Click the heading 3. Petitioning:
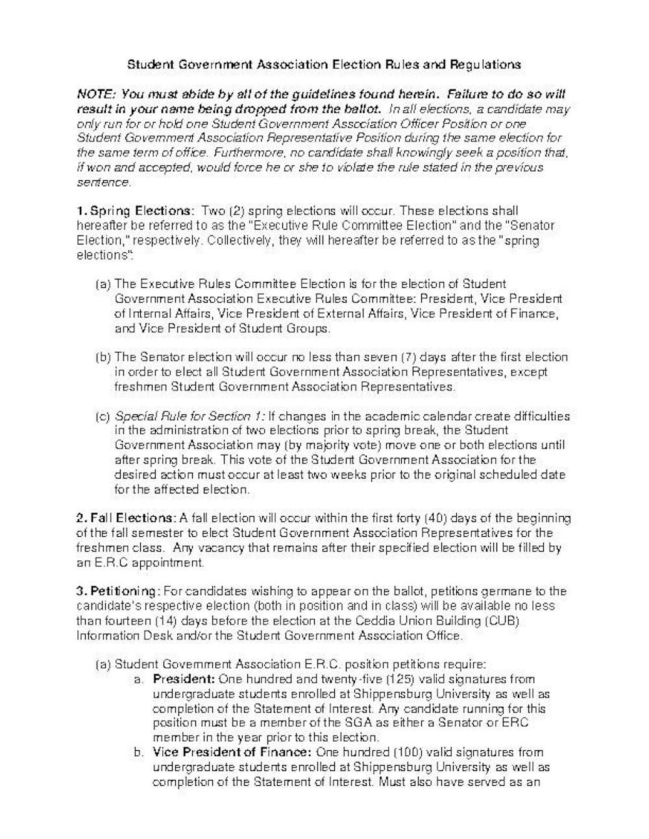[117, 591]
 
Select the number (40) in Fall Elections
[435, 518]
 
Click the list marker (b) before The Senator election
[103, 357]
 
